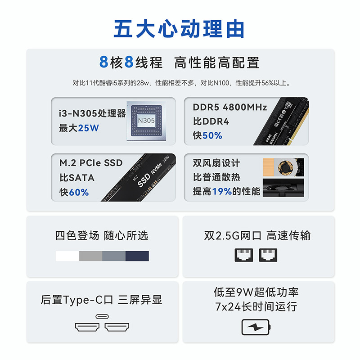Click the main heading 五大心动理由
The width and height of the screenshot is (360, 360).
[180, 28]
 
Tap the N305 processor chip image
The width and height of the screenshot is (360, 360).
[146, 120]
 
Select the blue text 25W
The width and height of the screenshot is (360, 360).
[88, 128]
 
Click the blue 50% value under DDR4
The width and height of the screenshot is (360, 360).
[212, 135]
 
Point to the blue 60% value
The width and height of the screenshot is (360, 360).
[79, 193]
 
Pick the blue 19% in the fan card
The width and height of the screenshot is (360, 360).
[222, 192]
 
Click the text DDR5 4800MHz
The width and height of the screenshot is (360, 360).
[230, 108]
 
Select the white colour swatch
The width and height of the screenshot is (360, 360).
[67, 256]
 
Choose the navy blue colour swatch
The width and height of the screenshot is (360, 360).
[137, 256]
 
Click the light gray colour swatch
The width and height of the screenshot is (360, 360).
[90, 256]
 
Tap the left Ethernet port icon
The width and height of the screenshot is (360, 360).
[243, 255]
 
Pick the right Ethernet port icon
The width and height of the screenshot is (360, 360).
[268, 255]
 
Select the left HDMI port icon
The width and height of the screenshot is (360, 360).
[87, 327]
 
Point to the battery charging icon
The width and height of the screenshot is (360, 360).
[256, 327]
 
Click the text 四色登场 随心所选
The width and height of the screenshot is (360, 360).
[102, 236]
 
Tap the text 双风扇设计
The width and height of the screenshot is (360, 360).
[216, 163]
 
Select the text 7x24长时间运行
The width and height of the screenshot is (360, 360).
[256, 307]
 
